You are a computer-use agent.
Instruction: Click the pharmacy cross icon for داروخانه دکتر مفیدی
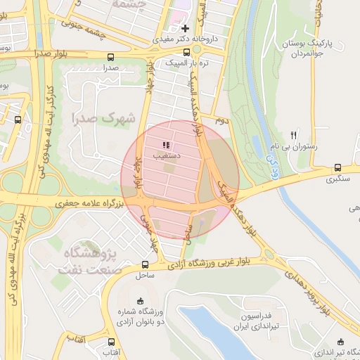coord(185,29)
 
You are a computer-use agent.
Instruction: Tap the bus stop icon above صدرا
coord(110,57)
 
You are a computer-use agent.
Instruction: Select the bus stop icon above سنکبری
coord(338,168)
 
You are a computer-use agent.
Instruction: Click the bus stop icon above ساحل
coord(145,265)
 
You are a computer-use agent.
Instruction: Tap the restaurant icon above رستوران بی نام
coord(294,135)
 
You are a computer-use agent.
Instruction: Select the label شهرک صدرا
coord(107,118)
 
